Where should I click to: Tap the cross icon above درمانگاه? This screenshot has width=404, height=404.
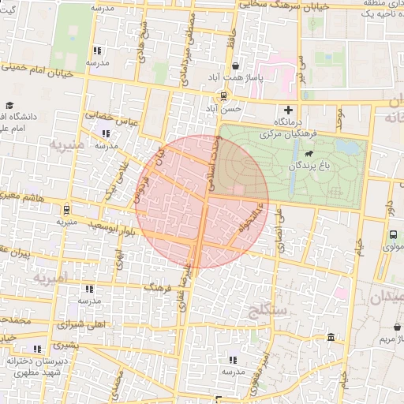pos(287,110)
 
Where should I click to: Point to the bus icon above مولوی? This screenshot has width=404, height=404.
pos(393,234)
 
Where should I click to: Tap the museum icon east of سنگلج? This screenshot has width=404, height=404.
pos(329,339)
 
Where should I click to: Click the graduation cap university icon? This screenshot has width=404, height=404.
pos(9,106)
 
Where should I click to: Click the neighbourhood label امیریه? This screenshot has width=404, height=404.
pos(52,279)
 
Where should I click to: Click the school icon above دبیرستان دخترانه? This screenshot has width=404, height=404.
pos(36,349)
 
